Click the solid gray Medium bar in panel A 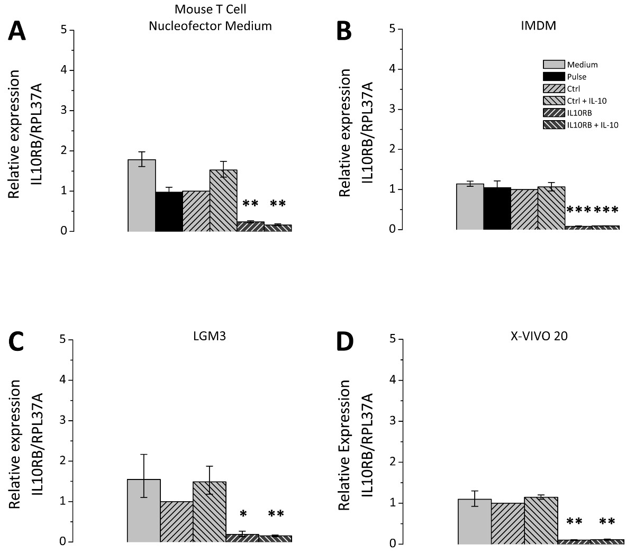pyautogui.click(x=142, y=195)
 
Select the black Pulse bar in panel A pyautogui.click(x=169, y=212)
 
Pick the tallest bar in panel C pyautogui.click(x=144, y=510)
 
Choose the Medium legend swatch pyautogui.click(x=553, y=65)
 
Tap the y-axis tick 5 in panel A pyautogui.click(x=64, y=30)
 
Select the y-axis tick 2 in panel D pyautogui.click(x=393, y=462)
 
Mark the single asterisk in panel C pyautogui.click(x=243, y=514)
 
